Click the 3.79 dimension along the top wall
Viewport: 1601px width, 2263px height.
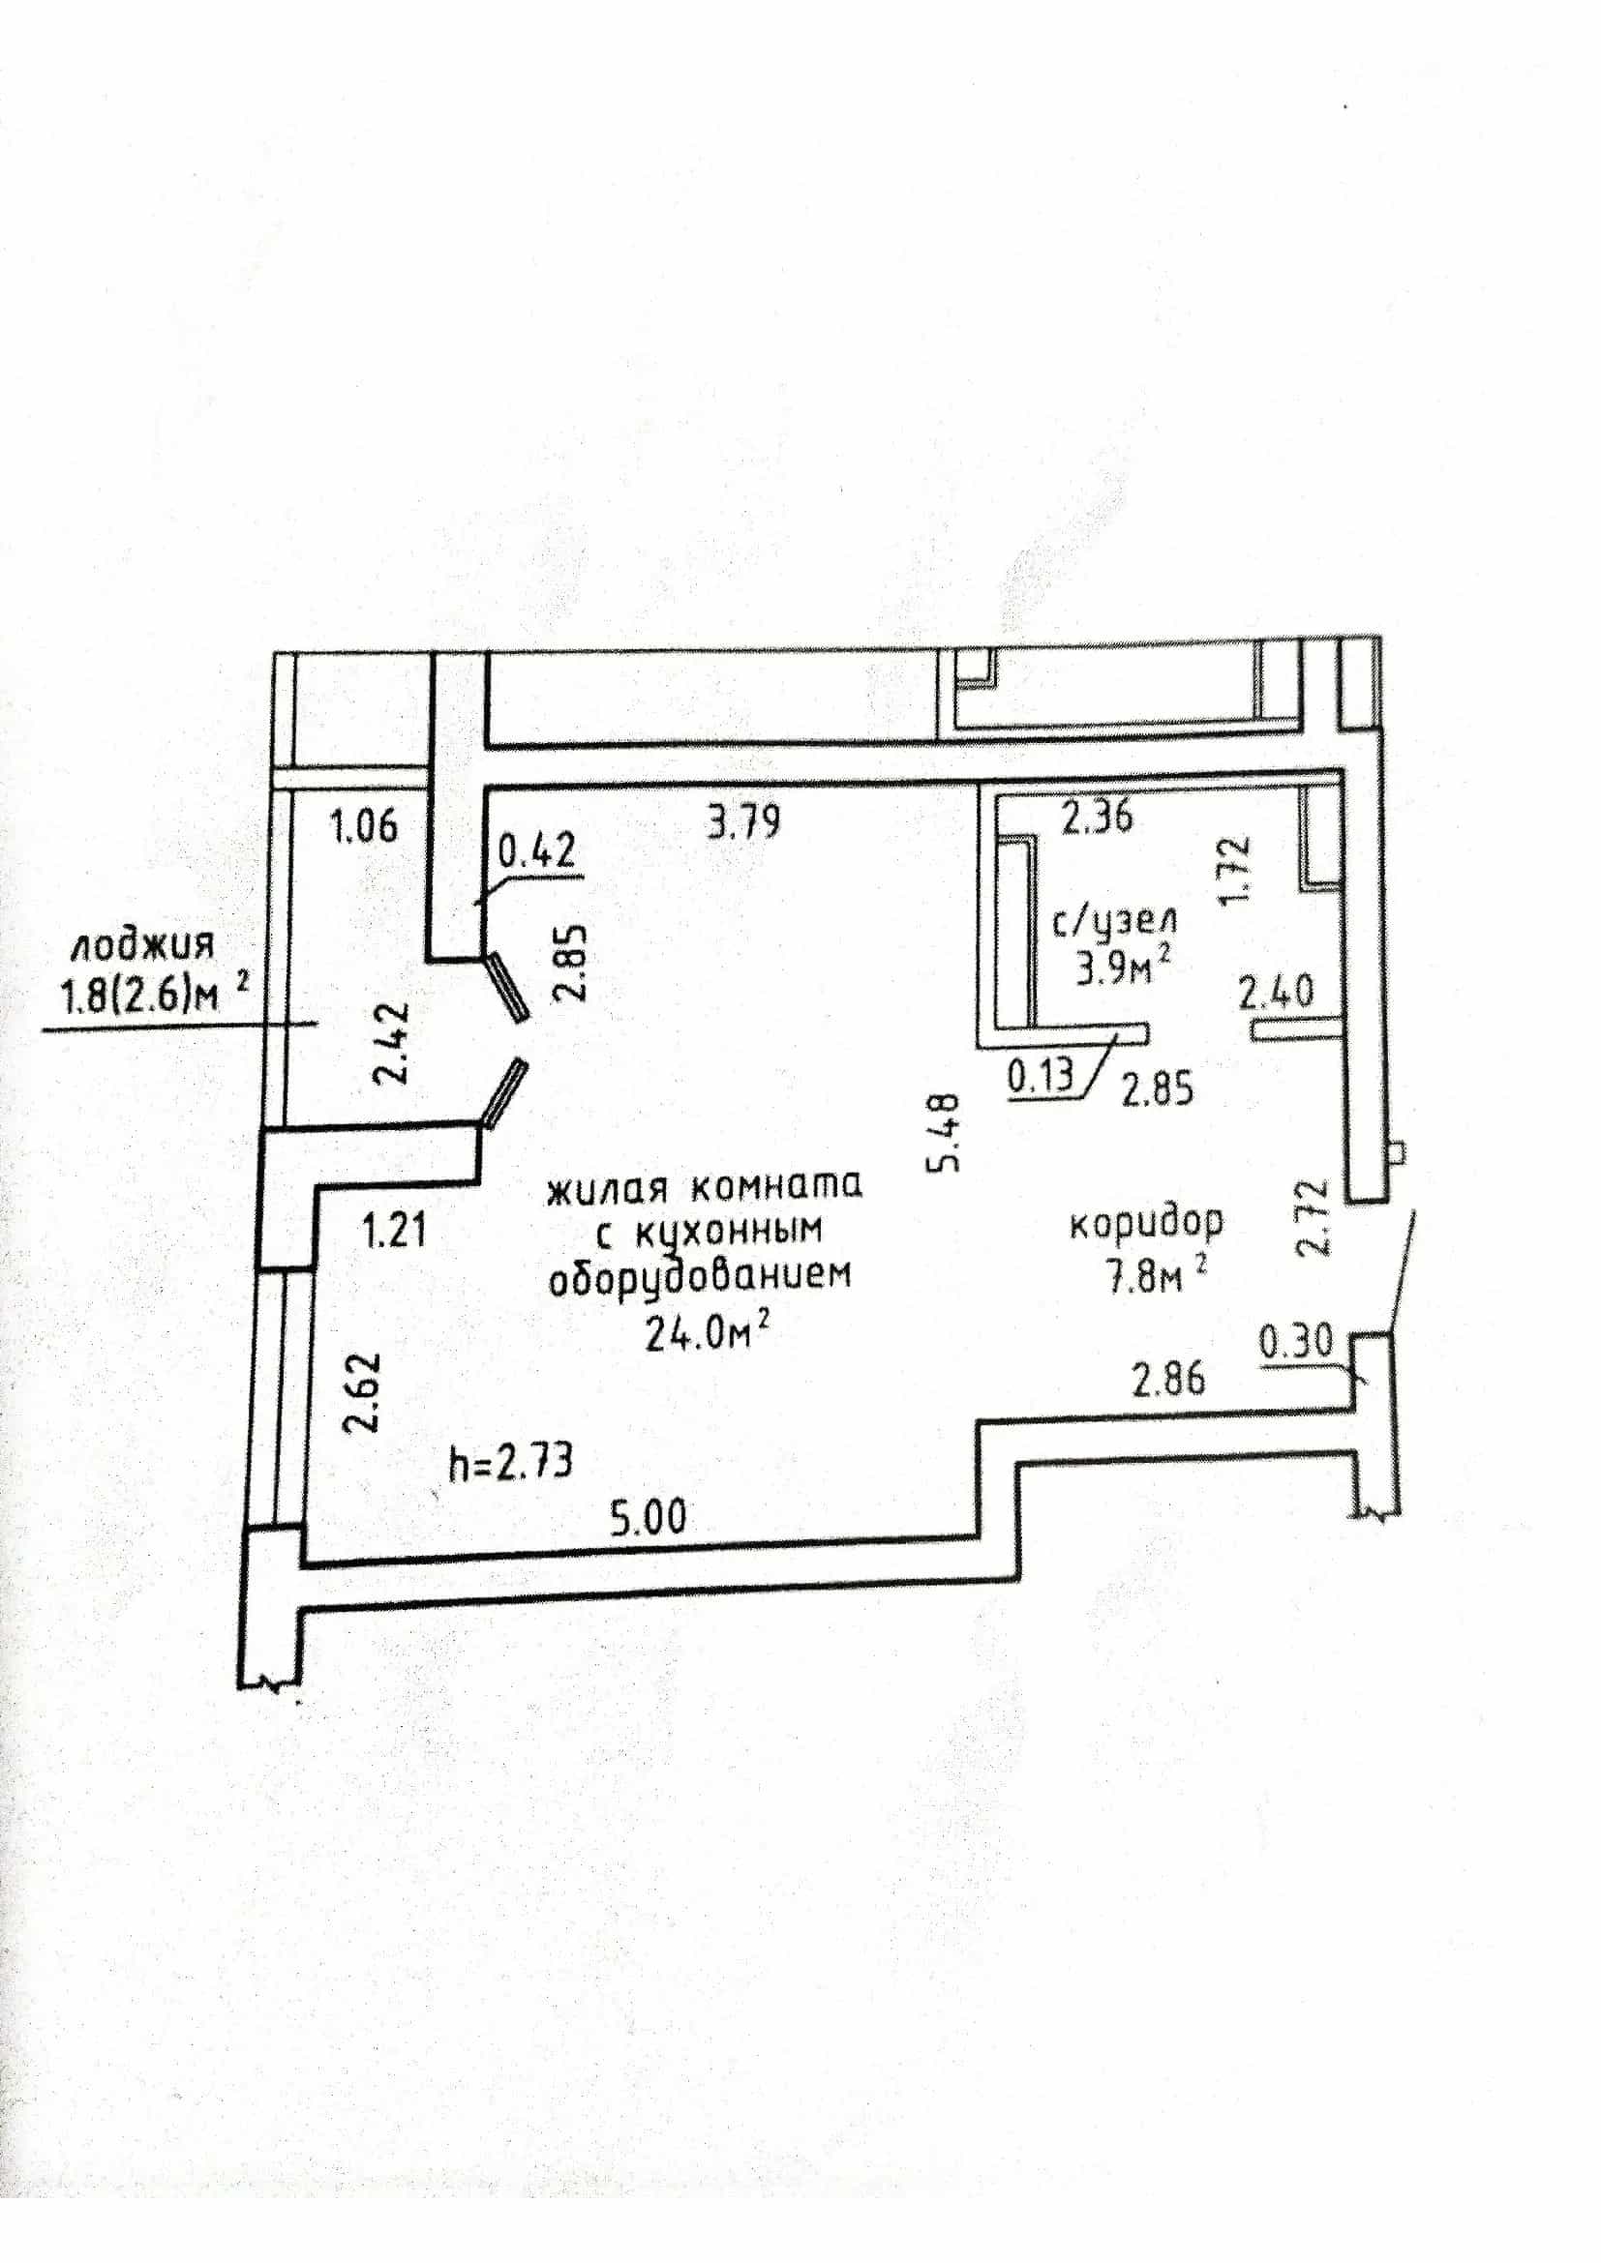coord(744,820)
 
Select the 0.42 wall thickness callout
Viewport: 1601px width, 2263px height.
coord(537,850)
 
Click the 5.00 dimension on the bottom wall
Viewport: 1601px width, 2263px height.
coord(648,1517)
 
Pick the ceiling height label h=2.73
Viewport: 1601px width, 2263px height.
coord(511,1463)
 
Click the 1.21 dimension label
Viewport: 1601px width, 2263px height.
coord(394,1231)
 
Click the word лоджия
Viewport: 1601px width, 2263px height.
coord(142,946)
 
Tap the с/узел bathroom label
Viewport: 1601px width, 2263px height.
coord(1115,924)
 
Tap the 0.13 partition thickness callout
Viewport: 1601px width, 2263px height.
coord(1040,1075)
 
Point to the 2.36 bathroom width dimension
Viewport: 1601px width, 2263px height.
coord(1097,818)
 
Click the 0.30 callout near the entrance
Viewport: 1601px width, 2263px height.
coord(1296,1340)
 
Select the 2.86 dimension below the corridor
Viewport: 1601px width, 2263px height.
coord(1167,1379)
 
